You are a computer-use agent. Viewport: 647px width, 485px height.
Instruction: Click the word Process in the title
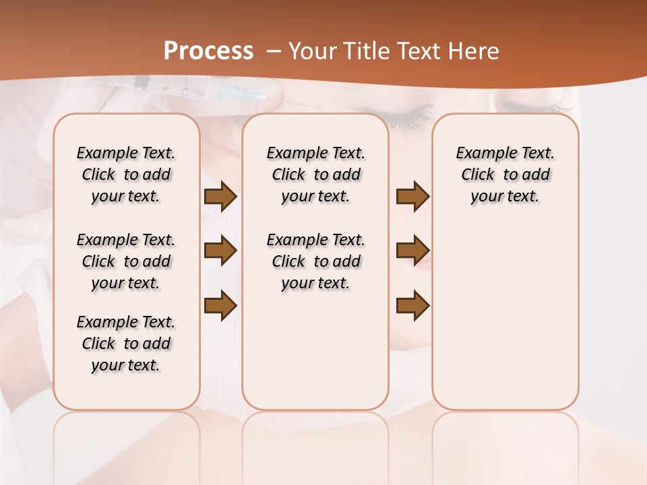click(208, 51)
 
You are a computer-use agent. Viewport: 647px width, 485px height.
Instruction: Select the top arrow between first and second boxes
click(220, 196)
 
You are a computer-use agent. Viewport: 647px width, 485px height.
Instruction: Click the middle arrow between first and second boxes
click(220, 251)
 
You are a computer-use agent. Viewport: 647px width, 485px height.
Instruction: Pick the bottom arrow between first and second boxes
click(220, 306)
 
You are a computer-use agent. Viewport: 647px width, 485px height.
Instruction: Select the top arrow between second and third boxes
click(412, 196)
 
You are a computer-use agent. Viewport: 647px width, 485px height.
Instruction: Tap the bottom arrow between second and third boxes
click(412, 306)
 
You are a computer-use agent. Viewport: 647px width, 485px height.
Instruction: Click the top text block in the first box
click(126, 174)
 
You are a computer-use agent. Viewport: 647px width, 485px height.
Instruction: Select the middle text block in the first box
click(126, 261)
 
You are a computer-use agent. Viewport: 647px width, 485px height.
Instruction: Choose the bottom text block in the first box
click(126, 344)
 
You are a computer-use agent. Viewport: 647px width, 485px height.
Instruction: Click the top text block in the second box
click(316, 174)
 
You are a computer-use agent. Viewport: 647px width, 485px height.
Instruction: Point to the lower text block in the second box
click(316, 261)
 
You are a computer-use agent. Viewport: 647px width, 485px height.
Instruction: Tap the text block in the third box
click(505, 174)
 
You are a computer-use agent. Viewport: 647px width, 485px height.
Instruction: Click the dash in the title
click(273, 51)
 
